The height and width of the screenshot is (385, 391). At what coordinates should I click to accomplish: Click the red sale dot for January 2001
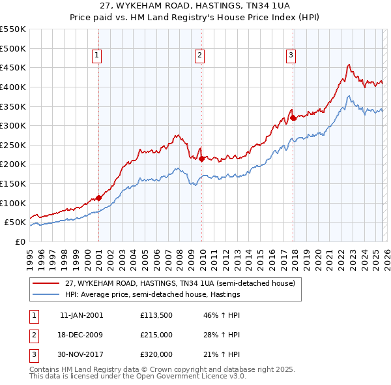point(98,198)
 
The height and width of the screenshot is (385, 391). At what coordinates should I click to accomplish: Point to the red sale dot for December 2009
point(202,159)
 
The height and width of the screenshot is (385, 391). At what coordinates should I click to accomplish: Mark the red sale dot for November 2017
point(293,118)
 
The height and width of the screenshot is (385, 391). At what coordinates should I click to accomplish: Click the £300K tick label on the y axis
point(13,125)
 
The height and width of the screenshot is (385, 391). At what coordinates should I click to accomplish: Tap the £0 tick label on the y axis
point(20,242)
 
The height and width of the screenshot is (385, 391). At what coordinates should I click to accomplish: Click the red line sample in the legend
point(46,283)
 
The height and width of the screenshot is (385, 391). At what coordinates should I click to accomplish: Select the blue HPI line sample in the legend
point(46,294)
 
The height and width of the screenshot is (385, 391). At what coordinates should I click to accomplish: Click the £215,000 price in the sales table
point(156,335)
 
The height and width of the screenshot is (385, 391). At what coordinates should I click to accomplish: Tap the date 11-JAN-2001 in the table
point(81,315)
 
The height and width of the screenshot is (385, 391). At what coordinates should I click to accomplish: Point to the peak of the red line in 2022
point(349,65)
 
